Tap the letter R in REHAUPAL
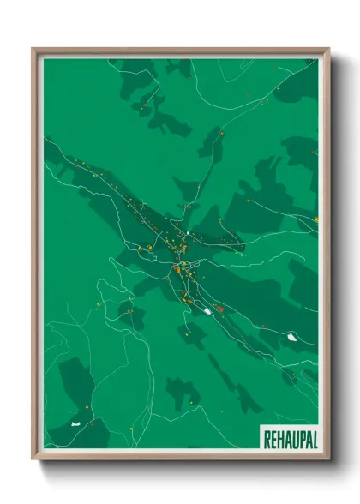[x=265, y=436]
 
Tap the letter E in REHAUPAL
[x=272, y=436]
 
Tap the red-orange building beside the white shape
[x=219, y=308]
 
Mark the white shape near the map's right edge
[x=294, y=336]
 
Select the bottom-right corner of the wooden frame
[x=329, y=459]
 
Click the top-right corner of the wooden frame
[x=329, y=49]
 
